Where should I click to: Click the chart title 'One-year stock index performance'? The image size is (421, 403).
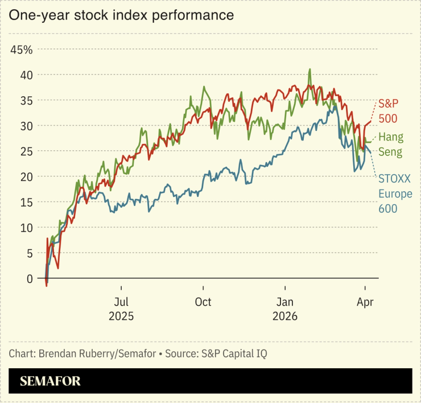click(x=121, y=15)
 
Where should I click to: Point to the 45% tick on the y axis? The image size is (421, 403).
click(x=22, y=49)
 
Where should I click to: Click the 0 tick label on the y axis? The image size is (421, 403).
click(x=30, y=278)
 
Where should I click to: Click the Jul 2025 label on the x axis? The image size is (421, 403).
click(x=120, y=309)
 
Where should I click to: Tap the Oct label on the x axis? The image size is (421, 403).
click(x=203, y=302)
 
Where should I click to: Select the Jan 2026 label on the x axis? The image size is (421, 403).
click(x=285, y=309)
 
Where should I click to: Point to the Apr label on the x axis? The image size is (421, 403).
click(x=365, y=302)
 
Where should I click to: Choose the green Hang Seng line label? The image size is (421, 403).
click(x=390, y=144)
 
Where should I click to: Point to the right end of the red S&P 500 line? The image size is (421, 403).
click(x=370, y=121)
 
